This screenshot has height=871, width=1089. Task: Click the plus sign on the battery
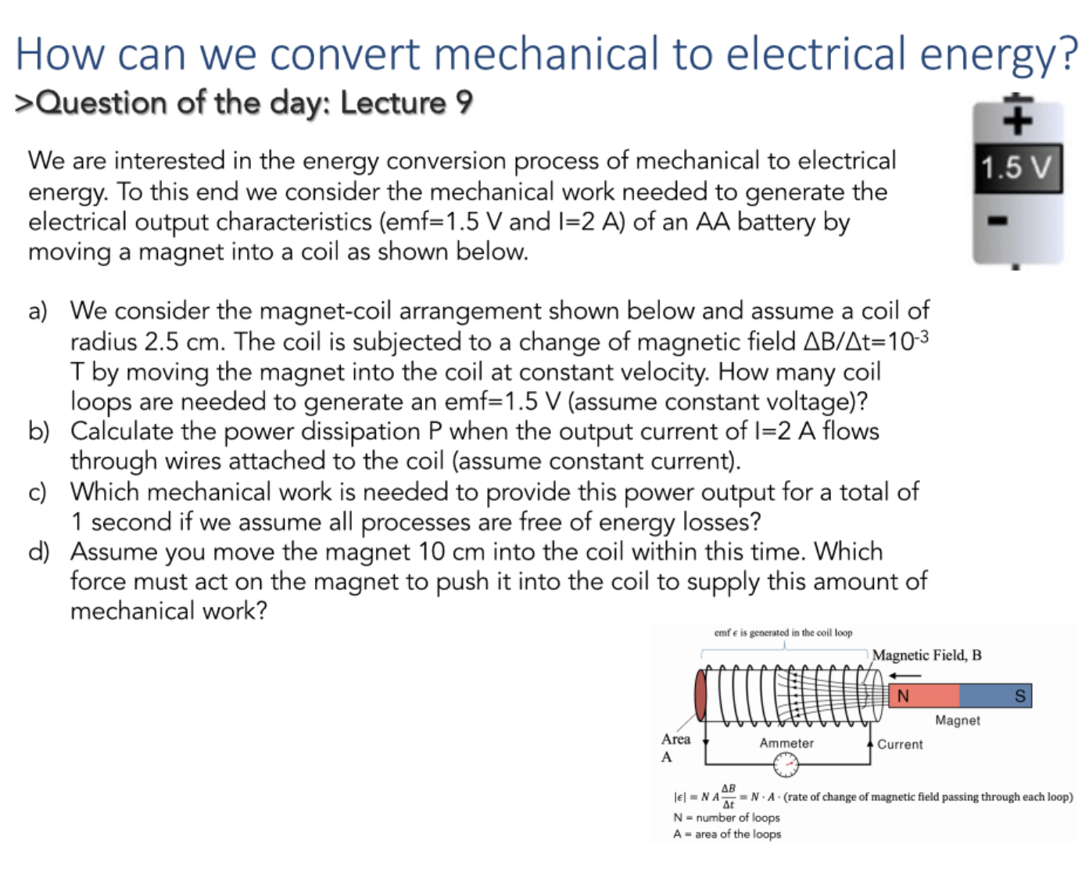[1018, 121]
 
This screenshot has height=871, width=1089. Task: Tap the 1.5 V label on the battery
[1016, 167]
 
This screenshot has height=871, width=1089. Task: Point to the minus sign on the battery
[998, 220]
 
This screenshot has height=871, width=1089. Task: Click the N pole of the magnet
[924, 695]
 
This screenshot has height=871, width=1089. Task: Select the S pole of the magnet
[995, 695]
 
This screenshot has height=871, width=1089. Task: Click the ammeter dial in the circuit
[786, 764]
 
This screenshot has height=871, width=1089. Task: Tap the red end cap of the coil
[701, 695]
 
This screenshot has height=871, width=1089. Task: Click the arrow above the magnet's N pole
[905, 675]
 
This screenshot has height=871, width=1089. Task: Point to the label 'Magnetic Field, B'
[926, 655]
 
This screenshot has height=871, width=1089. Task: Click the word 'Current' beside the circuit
[900, 744]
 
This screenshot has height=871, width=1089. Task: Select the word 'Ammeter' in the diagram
[786, 743]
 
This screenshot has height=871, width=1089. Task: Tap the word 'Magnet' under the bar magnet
[958, 720]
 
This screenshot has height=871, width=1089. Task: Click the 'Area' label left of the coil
[675, 739]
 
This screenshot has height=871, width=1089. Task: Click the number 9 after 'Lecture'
[464, 102]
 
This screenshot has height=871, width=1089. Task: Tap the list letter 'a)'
[38, 310]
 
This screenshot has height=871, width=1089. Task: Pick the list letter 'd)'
[39, 551]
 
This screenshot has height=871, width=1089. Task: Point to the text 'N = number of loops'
[726, 817]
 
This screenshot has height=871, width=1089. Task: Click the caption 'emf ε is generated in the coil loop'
[783, 633]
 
